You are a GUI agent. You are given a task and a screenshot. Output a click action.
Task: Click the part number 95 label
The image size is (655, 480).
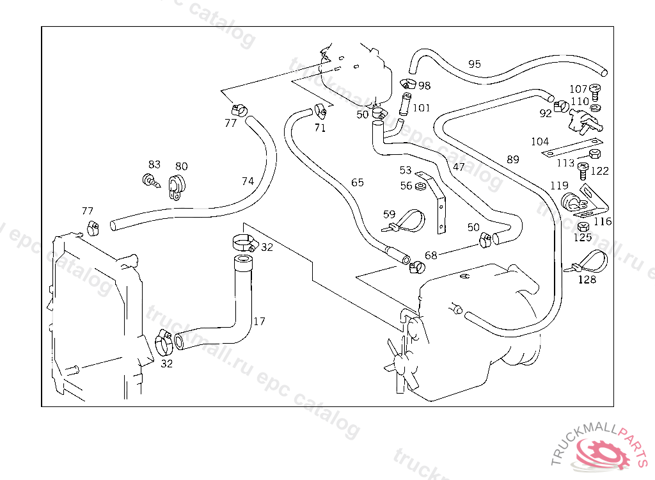(475, 64)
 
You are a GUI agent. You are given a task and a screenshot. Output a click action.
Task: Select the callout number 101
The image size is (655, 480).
(422, 108)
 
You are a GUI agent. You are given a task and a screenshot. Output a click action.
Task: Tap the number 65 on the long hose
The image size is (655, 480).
(358, 183)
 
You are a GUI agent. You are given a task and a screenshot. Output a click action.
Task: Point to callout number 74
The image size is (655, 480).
(248, 182)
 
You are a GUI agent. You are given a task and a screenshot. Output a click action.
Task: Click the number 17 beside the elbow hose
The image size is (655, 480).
(259, 321)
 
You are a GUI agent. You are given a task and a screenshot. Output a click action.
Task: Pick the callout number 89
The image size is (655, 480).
(513, 159)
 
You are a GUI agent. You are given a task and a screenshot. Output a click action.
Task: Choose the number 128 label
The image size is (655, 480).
(587, 280)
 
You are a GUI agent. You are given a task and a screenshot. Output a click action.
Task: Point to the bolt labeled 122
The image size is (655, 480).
(583, 170)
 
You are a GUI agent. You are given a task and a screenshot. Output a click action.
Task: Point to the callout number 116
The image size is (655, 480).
(603, 221)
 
